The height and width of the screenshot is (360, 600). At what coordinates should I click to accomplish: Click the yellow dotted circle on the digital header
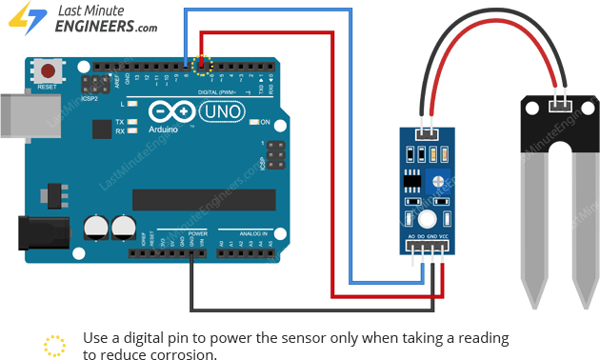tap(200, 65)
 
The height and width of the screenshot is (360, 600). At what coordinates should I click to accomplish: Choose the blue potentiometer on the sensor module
tap(436, 181)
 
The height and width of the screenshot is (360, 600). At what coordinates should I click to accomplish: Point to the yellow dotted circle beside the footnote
tap(55, 345)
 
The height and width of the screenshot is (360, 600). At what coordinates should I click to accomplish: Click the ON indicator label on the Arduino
tap(266, 123)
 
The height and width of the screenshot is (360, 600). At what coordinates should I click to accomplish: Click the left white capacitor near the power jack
tap(94, 227)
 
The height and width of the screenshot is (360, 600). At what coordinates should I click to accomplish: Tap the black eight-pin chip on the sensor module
tap(411, 180)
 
